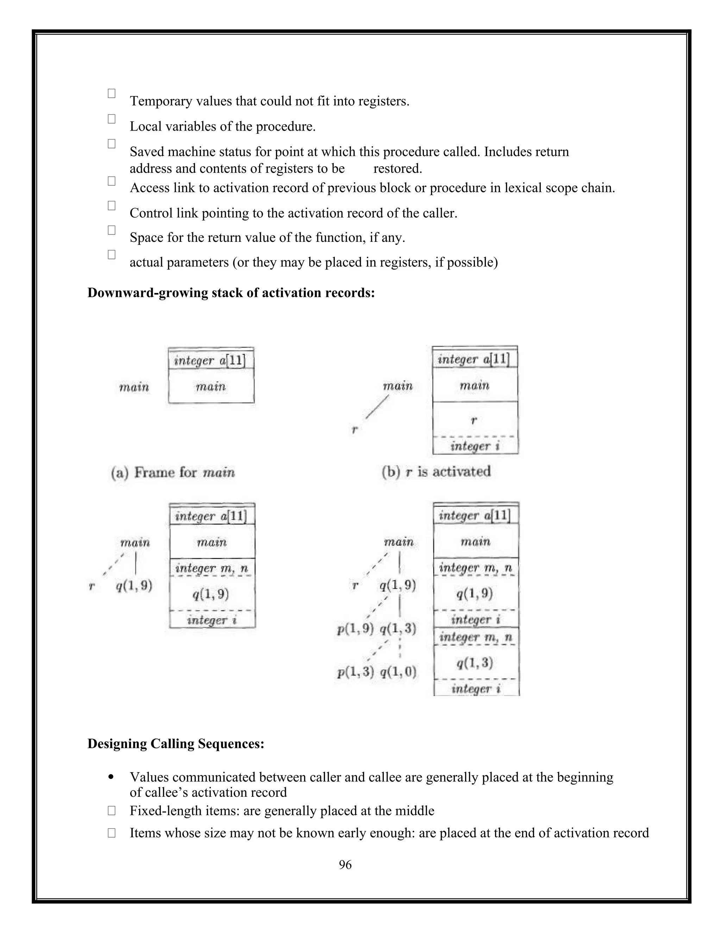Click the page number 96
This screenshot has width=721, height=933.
point(345,865)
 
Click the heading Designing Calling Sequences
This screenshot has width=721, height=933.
point(176,744)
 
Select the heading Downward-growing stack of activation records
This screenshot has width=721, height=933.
point(231,293)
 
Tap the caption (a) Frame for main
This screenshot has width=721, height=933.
point(173,472)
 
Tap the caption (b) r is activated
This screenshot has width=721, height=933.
point(436,472)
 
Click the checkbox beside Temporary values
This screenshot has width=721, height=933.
point(112,94)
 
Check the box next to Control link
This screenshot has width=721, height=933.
point(112,206)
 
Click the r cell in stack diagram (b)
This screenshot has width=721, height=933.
point(475,420)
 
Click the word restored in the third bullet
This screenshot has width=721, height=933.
point(398,169)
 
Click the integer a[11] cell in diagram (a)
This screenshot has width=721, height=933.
point(211,361)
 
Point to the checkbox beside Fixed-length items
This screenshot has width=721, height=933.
point(112,810)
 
